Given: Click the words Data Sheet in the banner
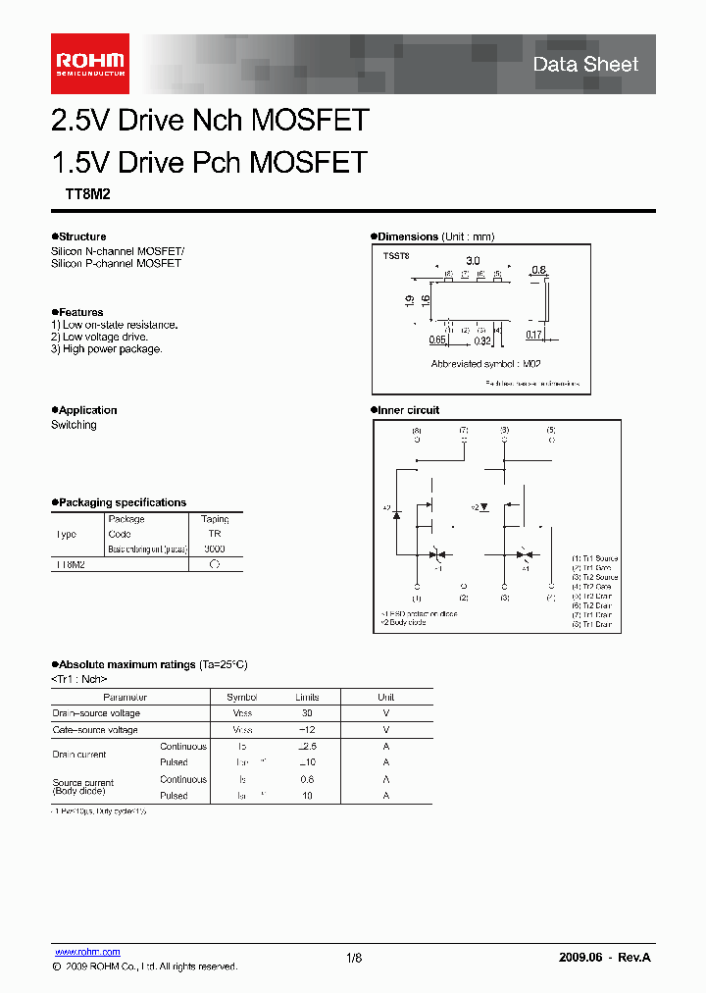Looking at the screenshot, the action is click(x=585, y=65).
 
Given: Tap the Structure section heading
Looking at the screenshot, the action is click(x=81, y=236).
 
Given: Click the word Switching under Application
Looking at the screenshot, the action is click(x=74, y=425).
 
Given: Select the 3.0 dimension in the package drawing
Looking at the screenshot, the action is click(x=473, y=261).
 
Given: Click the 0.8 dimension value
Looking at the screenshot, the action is click(x=538, y=270).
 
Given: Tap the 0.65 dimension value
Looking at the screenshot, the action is click(x=437, y=340).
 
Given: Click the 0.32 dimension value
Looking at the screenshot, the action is click(x=482, y=340).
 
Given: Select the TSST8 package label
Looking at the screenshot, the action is click(x=396, y=255).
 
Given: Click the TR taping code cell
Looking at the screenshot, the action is click(x=215, y=535).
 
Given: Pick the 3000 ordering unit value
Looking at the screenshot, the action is click(x=215, y=549).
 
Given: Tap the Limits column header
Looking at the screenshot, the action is click(x=307, y=697).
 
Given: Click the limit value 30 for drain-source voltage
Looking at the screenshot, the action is click(x=307, y=713).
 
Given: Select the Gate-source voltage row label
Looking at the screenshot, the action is click(x=95, y=730).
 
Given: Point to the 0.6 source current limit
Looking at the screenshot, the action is click(x=307, y=779).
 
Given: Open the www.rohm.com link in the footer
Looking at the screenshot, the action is click(x=86, y=952).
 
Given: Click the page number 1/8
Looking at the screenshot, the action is click(x=354, y=958).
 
